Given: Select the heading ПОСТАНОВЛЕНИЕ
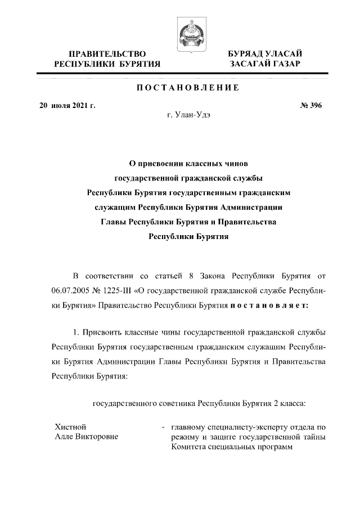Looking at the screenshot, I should [187, 88].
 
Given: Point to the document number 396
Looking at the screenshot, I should [315, 105].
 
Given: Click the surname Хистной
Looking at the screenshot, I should [70, 427].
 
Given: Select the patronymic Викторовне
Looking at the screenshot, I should [97, 437].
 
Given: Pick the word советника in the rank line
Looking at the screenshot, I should [172, 403].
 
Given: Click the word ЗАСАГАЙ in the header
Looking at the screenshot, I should [249, 65].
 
